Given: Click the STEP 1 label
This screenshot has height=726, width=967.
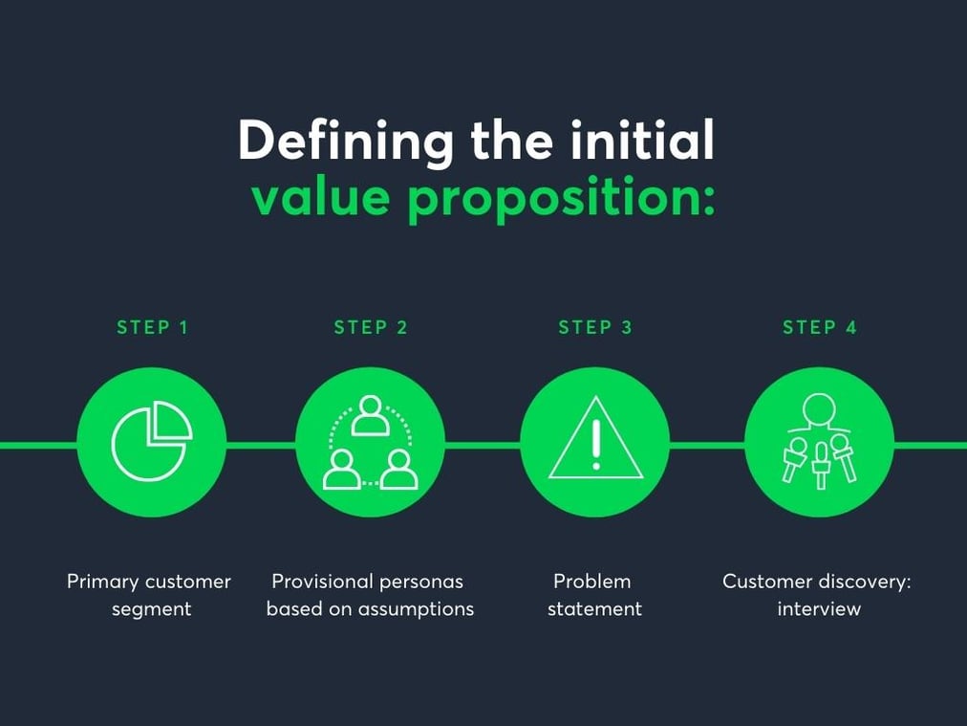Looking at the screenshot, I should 152,327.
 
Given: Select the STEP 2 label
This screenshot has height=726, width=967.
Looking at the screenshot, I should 371,327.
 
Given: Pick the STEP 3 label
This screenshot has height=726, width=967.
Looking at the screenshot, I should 595,327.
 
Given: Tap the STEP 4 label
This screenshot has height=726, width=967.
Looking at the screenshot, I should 820,327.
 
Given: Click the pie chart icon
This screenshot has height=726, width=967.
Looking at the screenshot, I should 151,442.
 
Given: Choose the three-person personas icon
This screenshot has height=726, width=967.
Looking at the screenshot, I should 371,442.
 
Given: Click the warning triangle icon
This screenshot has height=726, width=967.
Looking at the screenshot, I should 595,442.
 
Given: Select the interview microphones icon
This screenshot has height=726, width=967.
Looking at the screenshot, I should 819,442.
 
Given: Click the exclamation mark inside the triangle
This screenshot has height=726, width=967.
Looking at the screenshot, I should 595,444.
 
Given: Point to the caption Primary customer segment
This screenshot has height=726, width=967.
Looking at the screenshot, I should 150,594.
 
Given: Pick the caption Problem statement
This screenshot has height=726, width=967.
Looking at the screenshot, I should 593,594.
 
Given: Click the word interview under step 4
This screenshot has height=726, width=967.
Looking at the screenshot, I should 819,608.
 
